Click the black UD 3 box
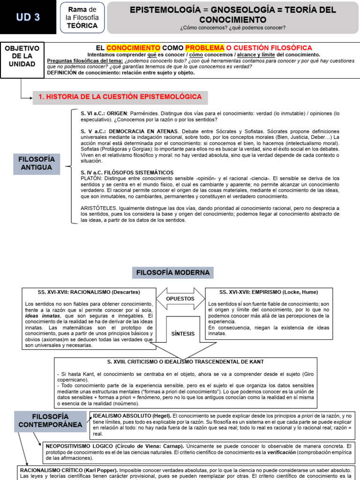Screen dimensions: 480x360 (x=28, y=17)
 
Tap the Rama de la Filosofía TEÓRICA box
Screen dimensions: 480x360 (x=82, y=17)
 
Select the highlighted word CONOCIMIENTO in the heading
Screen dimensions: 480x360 (x=134, y=48)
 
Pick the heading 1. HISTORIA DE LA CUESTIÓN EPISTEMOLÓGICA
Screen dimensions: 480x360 (x=120, y=97)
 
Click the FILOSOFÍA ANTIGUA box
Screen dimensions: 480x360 (x=37, y=164)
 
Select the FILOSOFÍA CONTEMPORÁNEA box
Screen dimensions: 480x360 (x=50, y=421)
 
